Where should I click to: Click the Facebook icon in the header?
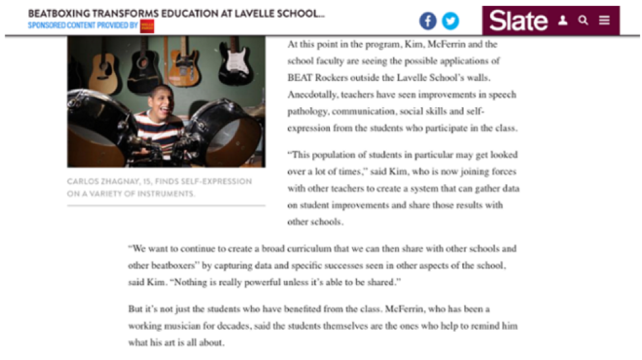click(428, 22)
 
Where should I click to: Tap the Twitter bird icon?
click(450, 22)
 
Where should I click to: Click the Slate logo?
click(518, 21)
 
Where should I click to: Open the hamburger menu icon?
click(604, 20)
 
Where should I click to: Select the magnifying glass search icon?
click(583, 20)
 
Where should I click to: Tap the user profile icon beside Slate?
click(562, 20)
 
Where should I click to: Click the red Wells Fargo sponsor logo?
click(147, 26)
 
